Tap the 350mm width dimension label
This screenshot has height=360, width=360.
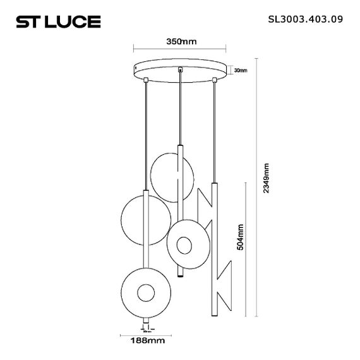(181, 42)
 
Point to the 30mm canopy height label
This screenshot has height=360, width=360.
(241, 70)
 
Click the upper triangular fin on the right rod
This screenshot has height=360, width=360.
(205, 208)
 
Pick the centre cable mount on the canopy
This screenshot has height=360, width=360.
(181, 68)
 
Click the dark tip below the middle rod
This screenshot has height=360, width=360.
(179, 278)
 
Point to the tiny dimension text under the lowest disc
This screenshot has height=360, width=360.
(145, 330)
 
